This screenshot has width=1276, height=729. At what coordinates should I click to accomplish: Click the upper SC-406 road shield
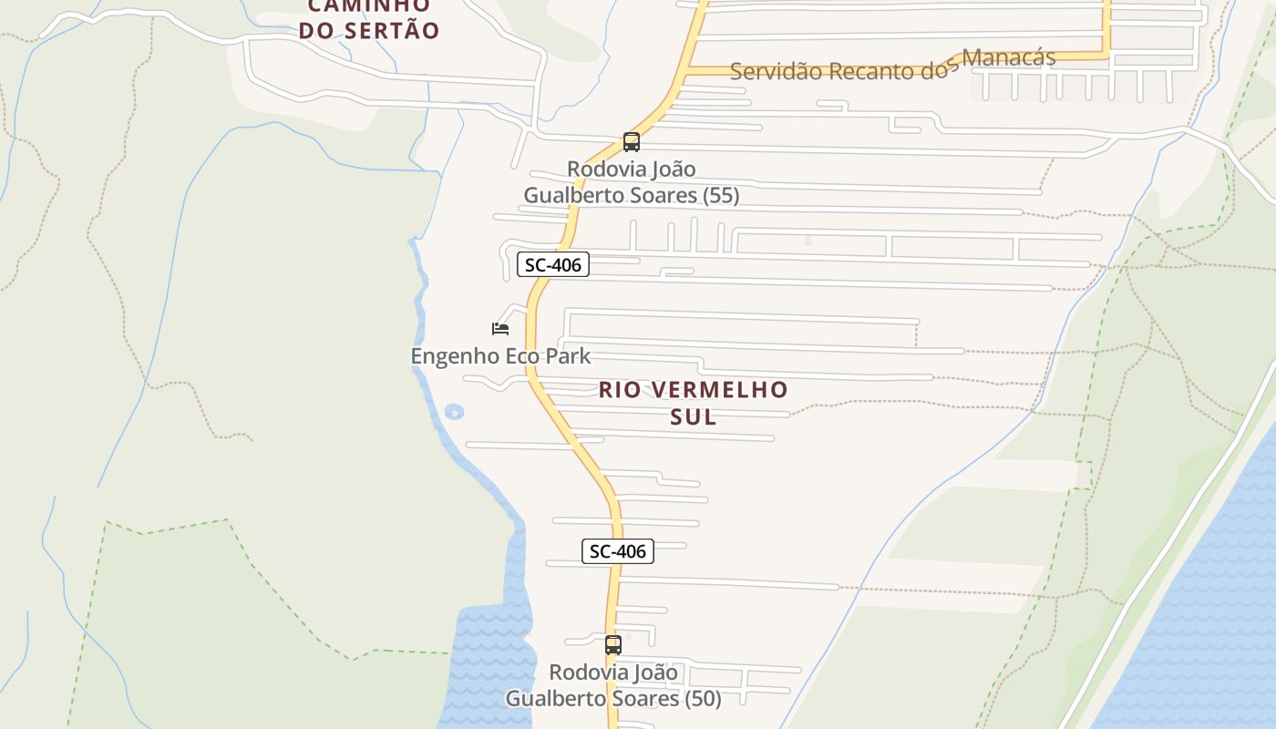553,265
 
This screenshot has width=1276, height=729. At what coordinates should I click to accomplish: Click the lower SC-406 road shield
617,551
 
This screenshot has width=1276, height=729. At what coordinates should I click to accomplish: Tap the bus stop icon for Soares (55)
631,142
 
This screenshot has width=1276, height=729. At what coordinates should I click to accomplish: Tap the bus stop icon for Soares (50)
613,645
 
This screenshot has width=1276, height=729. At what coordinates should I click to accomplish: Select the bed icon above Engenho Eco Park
499,329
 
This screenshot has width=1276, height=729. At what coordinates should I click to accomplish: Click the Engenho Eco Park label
500,356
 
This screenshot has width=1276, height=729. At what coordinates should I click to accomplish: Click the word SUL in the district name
694,417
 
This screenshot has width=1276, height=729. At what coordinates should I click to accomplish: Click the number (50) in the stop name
703,699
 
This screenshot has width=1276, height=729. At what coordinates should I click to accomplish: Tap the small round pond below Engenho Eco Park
454,412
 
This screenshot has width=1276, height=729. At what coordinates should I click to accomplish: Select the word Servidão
776,72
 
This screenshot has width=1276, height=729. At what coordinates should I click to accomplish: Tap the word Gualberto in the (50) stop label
552,699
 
